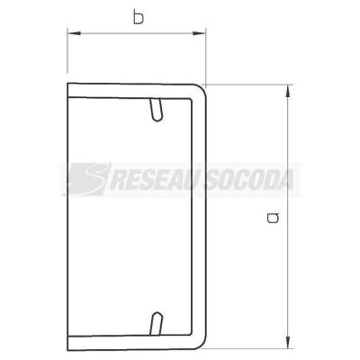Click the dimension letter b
(x=139, y=18)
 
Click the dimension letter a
(x=273, y=218)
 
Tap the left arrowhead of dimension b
(x=74, y=33)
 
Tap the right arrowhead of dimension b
(x=199, y=33)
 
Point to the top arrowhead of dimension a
(x=288, y=91)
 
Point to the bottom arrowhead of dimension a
(x=288, y=341)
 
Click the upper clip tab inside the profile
(x=157, y=110)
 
